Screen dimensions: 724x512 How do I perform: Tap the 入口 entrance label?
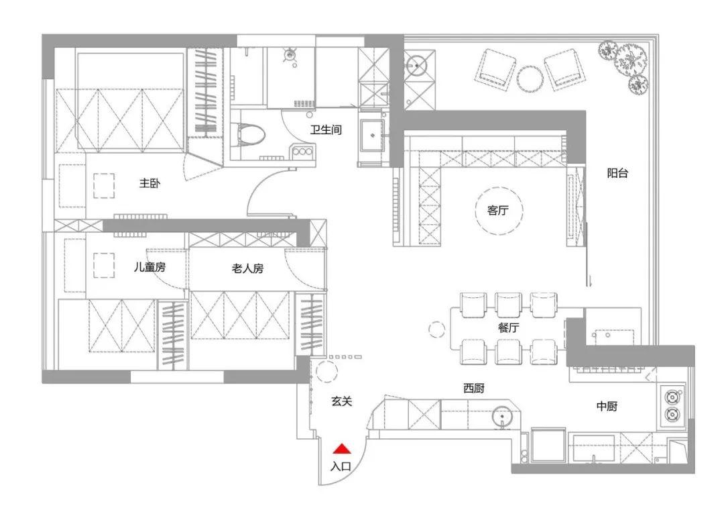pos(341,466)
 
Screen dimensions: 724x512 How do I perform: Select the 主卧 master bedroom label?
pos(150,183)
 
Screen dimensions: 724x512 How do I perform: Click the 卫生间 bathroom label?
pos(326,130)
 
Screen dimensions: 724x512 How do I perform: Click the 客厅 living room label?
pos(498,211)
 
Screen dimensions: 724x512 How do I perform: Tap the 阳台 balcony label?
pos(618,173)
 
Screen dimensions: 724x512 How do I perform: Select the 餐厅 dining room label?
pos(508,327)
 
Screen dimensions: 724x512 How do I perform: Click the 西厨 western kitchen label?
pos(474,388)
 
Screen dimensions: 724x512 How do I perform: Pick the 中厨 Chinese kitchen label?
pos(607,406)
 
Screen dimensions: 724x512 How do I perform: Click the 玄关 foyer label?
pos(342,401)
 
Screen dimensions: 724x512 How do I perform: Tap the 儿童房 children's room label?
pos(149,267)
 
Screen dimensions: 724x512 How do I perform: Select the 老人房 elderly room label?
pos(247,268)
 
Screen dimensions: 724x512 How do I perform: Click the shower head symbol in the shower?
pos(290,55)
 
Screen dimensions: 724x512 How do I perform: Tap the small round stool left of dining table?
pos(436,329)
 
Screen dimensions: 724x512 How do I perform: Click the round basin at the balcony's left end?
pos(418,66)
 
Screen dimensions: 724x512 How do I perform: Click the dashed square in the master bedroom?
pos(105,186)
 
